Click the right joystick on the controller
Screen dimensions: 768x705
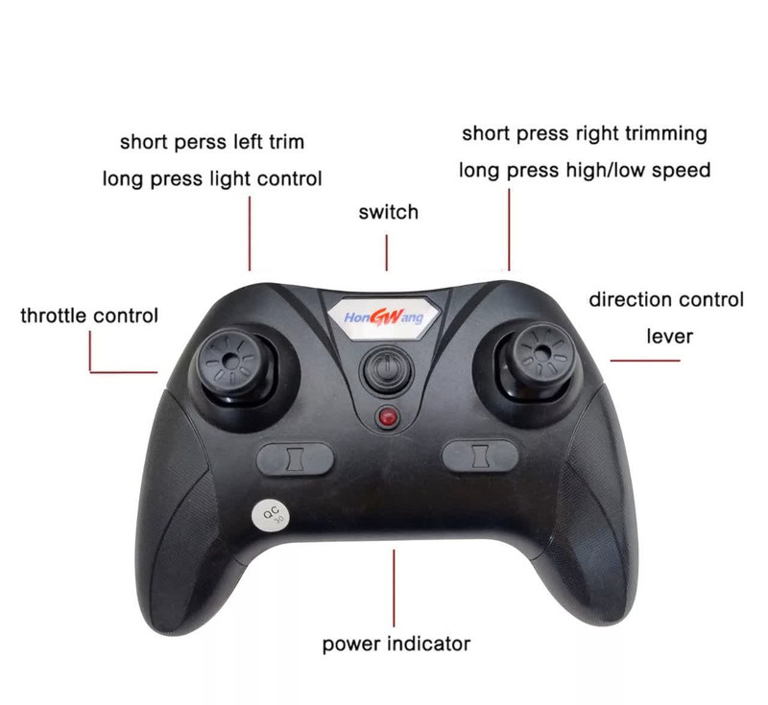pyautogui.click(x=540, y=356)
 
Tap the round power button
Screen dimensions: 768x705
pyautogui.click(x=387, y=368)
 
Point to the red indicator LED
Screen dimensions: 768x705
pyautogui.click(x=388, y=418)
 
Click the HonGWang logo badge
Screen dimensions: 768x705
pyautogui.click(x=383, y=318)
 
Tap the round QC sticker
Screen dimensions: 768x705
pyautogui.click(x=271, y=515)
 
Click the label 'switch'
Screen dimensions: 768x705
pyautogui.click(x=389, y=212)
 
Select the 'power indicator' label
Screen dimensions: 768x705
pyautogui.click(x=396, y=644)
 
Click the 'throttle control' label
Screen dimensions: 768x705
pyautogui.click(x=89, y=316)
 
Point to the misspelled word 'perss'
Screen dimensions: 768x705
pyautogui.click(x=201, y=142)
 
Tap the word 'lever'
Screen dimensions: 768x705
pyautogui.click(x=669, y=337)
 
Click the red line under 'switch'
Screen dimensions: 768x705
pyautogui.click(x=387, y=252)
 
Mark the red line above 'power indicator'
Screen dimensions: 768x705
pyautogui.click(x=394, y=588)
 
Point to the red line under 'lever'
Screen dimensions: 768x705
pyautogui.click(x=645, y=361)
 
